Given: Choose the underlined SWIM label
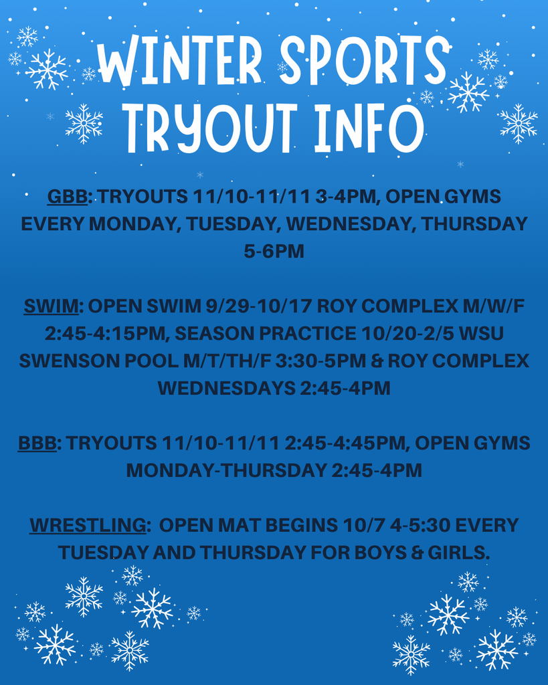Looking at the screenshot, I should [51, 306].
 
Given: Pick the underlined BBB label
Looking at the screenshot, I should [37, 443].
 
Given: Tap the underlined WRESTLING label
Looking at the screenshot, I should [88, 525].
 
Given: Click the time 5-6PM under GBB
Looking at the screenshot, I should [274, 252].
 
